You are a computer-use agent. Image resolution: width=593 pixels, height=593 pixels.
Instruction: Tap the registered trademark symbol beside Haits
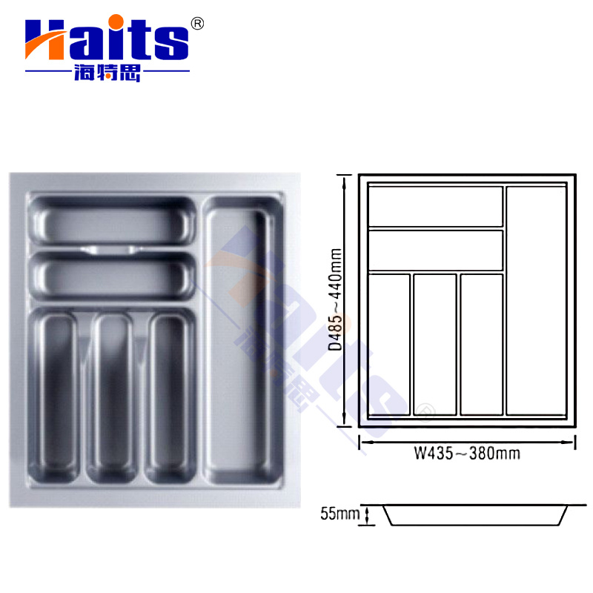(197, 23)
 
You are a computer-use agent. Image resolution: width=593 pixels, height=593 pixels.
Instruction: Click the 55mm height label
(339, 513)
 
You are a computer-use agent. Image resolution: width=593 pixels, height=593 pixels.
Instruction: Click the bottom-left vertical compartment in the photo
(56, 397)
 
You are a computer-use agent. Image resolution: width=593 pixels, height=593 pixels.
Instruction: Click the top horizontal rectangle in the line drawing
(436, 206)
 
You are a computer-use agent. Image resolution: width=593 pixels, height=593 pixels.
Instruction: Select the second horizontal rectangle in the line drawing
(436, 251)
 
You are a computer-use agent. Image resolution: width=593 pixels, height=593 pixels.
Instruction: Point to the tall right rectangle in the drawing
(536, 299)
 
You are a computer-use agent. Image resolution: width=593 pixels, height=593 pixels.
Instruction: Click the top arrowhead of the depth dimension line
(343, 179)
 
